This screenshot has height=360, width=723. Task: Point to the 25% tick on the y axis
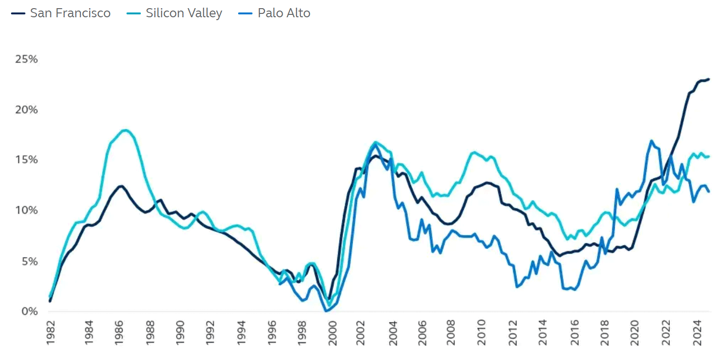point(27,59)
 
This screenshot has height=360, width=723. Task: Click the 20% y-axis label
point(27,110)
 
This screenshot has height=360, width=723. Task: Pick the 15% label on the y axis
point(27,160)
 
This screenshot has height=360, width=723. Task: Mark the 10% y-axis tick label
point(27,210)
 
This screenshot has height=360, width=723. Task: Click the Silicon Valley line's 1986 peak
point(126,130)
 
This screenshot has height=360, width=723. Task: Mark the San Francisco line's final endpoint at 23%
point(709,79)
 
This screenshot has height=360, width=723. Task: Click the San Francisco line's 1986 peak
point(121,186)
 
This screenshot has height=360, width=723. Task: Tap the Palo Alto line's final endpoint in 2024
point(709,192)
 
